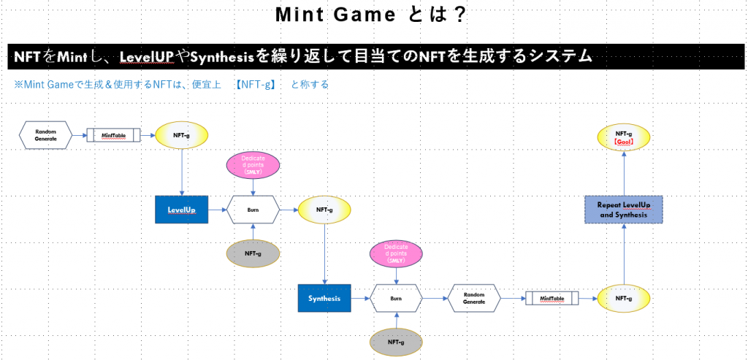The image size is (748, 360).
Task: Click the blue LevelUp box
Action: (x=181, y=210)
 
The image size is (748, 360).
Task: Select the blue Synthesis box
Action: (x=324, y=299)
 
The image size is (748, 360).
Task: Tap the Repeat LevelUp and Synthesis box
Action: (x=623, y=210)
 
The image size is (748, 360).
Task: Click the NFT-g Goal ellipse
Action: (x=623, y=137)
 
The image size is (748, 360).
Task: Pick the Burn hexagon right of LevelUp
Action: (x=253, y=210)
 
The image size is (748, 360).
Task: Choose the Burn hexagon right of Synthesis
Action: (x=396, y=299)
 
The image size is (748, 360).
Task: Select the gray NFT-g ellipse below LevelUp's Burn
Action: (x=253, y=253)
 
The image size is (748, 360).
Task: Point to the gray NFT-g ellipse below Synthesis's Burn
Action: (x=396, y=342)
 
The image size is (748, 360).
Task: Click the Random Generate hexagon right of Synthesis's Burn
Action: (x=473, y=299)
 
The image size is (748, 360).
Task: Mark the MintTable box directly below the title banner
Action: (x=113, y=135)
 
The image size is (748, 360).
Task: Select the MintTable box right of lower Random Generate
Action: (x=552, y=299)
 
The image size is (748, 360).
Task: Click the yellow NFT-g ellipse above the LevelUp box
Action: (x=182, y=135)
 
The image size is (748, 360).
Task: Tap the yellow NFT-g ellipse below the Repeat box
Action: (x=623, y=299)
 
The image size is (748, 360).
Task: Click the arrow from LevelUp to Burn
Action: (x=217, y=210)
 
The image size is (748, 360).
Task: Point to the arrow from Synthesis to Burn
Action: (x=360, y=299)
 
